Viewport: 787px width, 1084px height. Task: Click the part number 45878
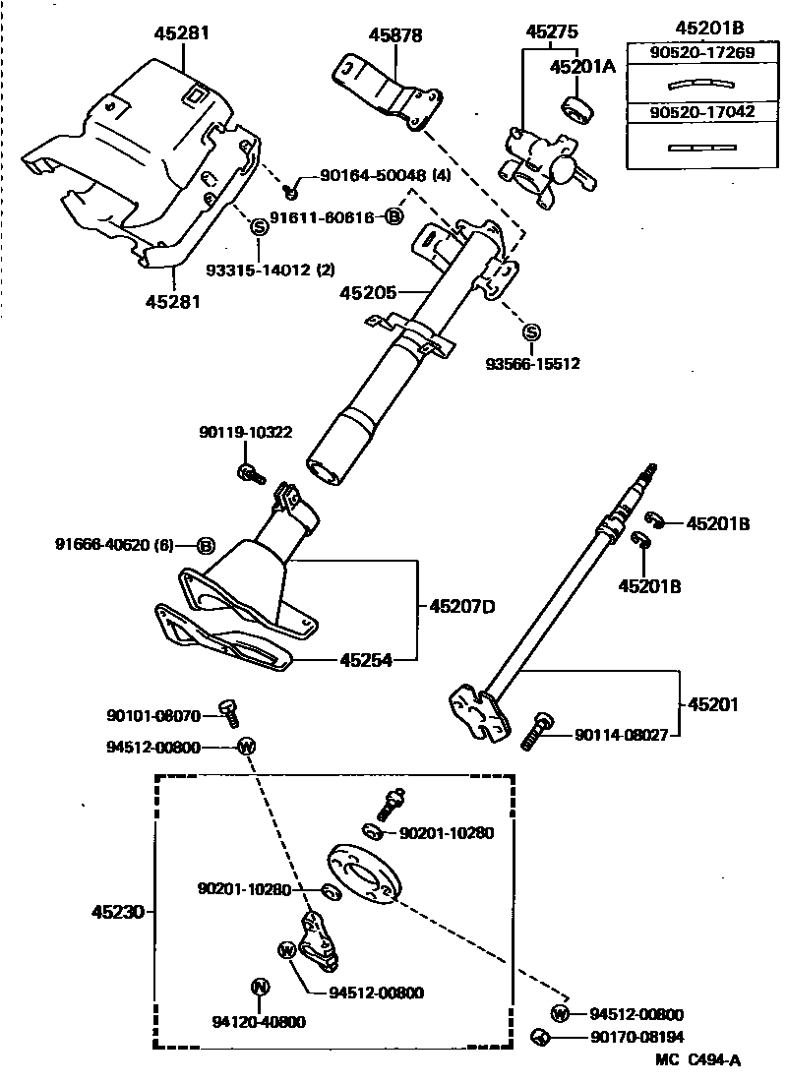(x=395, y=35)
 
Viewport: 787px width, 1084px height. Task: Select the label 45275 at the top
(x=551, y=31)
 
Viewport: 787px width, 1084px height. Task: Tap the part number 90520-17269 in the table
(x=702, y=52)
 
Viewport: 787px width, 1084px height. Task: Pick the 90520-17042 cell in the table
(x=702, y=112)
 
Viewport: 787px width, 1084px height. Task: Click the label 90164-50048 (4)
(x=372, y=176)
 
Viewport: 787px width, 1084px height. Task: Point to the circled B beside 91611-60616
(x=393, y=216)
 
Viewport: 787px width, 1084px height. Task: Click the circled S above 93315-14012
(x=260, y=226)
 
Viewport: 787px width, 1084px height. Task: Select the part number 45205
(x=368, y=292)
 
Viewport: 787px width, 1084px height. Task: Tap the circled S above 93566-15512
(x=531, y=331)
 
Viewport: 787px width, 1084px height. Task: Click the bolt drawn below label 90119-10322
(x=250, y=474)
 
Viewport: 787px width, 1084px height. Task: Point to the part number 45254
(x=365, y=660)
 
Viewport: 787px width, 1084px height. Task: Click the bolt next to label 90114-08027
(x=535, y=732)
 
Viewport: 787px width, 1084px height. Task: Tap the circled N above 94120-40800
(x=260, y=987)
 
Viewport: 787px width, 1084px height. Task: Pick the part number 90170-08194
(x=636, y=1037)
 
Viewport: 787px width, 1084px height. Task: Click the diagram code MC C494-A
(x=697, y=1059)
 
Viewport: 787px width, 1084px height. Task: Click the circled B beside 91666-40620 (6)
(x=207, y=545)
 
